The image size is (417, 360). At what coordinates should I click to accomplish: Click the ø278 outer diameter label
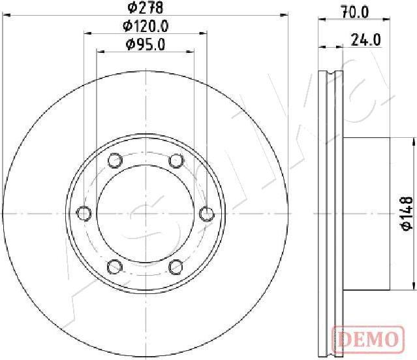click(145, 7)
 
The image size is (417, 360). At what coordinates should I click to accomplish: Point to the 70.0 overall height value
click(355, 11)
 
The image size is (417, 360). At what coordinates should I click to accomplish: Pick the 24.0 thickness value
click(365, 40)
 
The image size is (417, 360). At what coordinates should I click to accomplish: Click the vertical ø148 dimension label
click(405, 213)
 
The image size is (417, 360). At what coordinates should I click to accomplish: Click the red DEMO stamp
click(366, 339)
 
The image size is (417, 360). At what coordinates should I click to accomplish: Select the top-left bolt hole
click(115, 160)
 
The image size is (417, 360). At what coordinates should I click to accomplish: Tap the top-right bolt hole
click(176, 160)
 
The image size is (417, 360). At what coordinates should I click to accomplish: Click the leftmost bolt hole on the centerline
click(84, 213)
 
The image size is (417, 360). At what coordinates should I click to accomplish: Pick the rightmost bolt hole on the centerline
click(206, 213)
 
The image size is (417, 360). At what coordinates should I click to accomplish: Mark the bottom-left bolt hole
click(115, 266)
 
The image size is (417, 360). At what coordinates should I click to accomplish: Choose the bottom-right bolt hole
click(176, 266)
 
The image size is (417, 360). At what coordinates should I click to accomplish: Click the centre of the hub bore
click(145, 213)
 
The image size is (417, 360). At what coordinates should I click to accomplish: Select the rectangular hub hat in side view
click(367, 213)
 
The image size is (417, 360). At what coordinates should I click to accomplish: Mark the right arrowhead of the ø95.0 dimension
click(191, 51)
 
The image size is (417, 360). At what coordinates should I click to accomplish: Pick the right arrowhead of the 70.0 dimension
click(388, 20)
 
